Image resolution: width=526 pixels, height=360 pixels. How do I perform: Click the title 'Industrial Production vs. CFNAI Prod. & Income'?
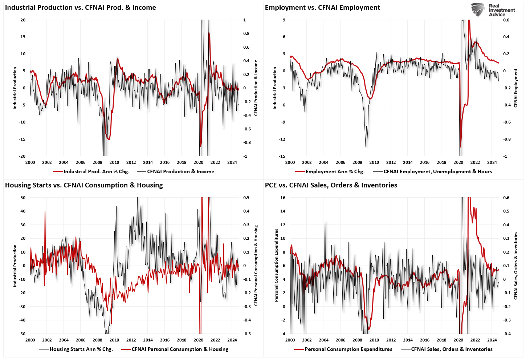pos(80,8)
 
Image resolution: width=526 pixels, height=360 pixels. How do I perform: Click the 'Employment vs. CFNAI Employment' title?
pos(322,8)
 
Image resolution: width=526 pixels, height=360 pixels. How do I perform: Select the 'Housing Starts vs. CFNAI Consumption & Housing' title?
pos(84,185)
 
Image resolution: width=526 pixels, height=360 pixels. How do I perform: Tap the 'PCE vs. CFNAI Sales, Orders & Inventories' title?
pos(331,185)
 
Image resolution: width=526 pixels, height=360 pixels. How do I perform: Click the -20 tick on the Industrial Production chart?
pos(23,156)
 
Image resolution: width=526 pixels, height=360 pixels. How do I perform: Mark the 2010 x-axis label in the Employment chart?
pos(374,162)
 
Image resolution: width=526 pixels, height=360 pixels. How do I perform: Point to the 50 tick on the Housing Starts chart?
pos(23,198)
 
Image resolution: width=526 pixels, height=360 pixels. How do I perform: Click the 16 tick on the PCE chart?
pos(283,198)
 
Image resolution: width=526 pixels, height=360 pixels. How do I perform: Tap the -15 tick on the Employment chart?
pos(282,156)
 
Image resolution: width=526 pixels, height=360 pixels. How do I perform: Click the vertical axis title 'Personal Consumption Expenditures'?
pos(276,265)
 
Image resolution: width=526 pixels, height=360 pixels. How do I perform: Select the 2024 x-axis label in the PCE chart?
pos(492,340)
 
